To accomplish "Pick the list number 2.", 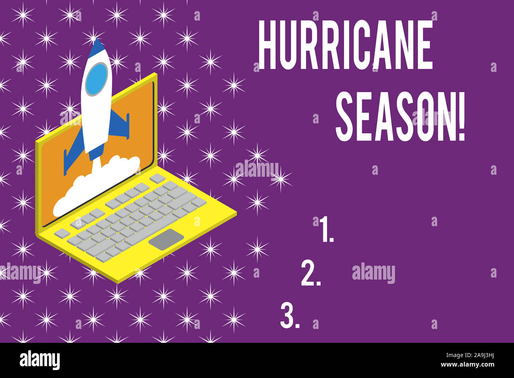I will [x=310, y=273].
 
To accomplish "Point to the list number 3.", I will [x=289, y=316].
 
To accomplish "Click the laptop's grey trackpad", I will [x=168, y=239].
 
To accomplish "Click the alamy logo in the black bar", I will [x=40, y=360].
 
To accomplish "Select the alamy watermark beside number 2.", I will [x=373, y=273].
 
